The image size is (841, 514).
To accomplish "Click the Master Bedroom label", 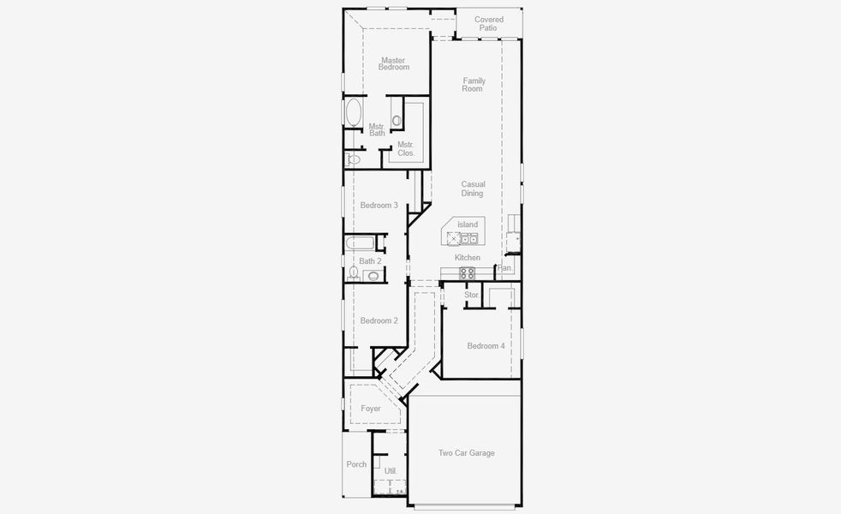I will (x=394, y=63).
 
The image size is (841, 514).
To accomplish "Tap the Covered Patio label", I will (x=488, y=23).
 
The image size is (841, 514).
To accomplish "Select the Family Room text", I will (x=473, y=85).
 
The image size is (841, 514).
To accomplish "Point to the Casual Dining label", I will (x=473, y=188).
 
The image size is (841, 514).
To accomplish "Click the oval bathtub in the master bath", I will (x=353, y=113).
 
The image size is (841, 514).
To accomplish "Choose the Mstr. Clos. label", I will (x=405, y=148).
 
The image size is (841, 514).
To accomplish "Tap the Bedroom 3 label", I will (x=379, y=205).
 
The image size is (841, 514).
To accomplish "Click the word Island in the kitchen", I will (x=468, y=224).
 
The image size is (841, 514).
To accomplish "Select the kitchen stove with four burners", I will (x=468, y=272).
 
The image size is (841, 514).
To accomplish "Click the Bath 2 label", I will (x=370, y=261).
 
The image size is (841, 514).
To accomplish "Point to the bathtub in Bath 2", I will (x=358, y=243).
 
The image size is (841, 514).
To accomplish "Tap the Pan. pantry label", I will (x=504, y=268).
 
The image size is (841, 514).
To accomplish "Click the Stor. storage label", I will (x=472, y=295).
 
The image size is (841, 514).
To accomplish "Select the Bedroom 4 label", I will (x=486, y=346).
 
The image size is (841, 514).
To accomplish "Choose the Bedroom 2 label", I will (x=379, y=320).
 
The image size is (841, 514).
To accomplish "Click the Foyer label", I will (x=370, y=409).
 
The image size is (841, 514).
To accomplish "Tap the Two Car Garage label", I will (x=466, y=453).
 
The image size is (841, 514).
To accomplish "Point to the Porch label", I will (x=356, y=464).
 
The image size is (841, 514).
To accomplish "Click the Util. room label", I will (x=391, y=471).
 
